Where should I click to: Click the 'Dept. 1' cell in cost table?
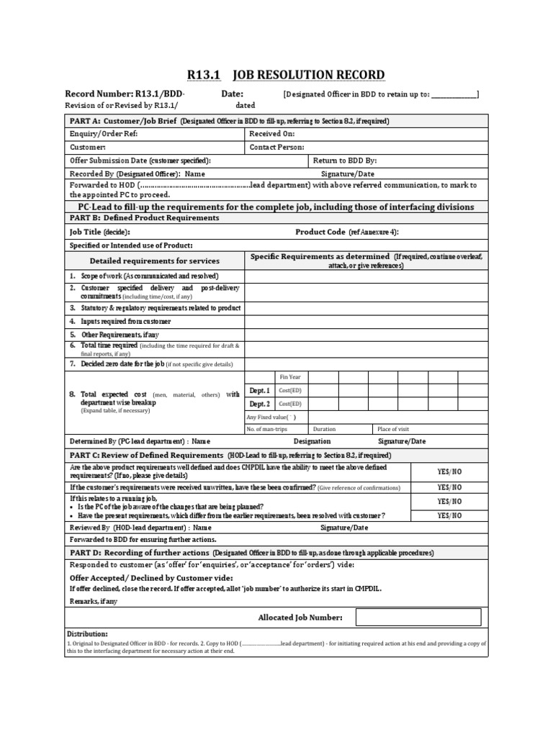(x=259, y=390)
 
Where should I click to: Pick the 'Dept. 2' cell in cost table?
(x=259, y=404)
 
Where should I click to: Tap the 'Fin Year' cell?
(x=290, y=376)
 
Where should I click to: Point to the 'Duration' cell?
(x=324, y=429)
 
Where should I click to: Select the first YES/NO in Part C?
(x=449, y=471)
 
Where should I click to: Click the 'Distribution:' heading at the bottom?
(x=87, y=633)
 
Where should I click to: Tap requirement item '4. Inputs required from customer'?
(x=120, y=321)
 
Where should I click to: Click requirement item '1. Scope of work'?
(x=143, y=276)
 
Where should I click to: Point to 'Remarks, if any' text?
(x=93, y=601)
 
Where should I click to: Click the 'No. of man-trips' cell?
(x=268, y=429)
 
